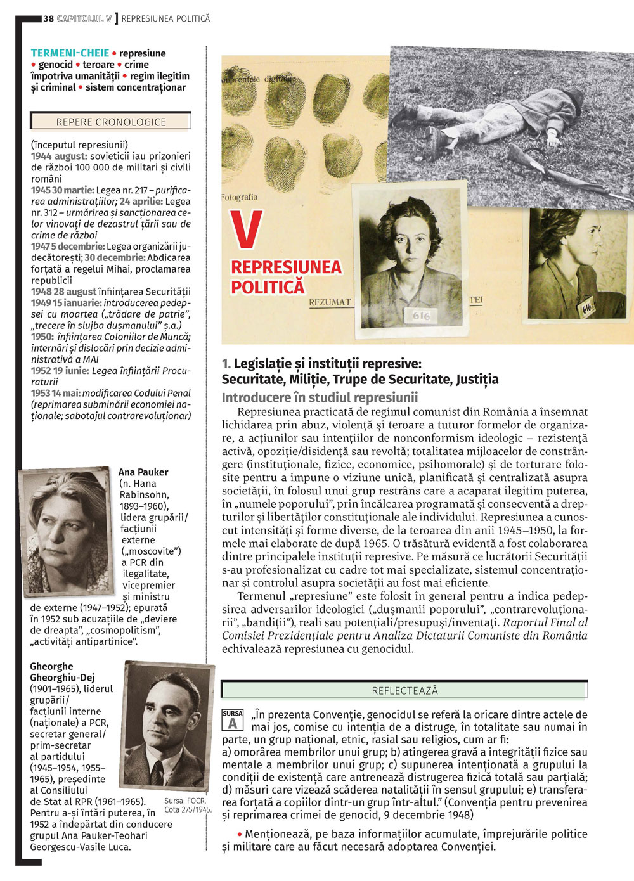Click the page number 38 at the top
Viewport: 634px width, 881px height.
pos(49,18)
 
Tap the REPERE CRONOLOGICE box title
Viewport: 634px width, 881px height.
pos(111,122)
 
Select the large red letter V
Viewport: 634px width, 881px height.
pos(246,229)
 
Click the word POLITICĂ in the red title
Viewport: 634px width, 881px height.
pos(268,287)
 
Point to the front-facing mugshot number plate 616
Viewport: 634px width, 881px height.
pos(421,315)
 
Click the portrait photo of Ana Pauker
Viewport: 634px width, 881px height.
pos(67,531)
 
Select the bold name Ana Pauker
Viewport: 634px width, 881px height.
pos(143,472)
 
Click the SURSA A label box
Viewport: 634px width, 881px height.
pos(233,720)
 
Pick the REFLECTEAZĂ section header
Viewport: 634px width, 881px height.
pos(404,690)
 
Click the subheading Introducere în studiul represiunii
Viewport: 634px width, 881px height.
pos(320,397)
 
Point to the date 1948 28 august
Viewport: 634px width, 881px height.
pos(63,292)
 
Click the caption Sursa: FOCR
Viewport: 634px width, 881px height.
pos(184,801)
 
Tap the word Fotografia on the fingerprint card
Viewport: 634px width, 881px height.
pos(240,197)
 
